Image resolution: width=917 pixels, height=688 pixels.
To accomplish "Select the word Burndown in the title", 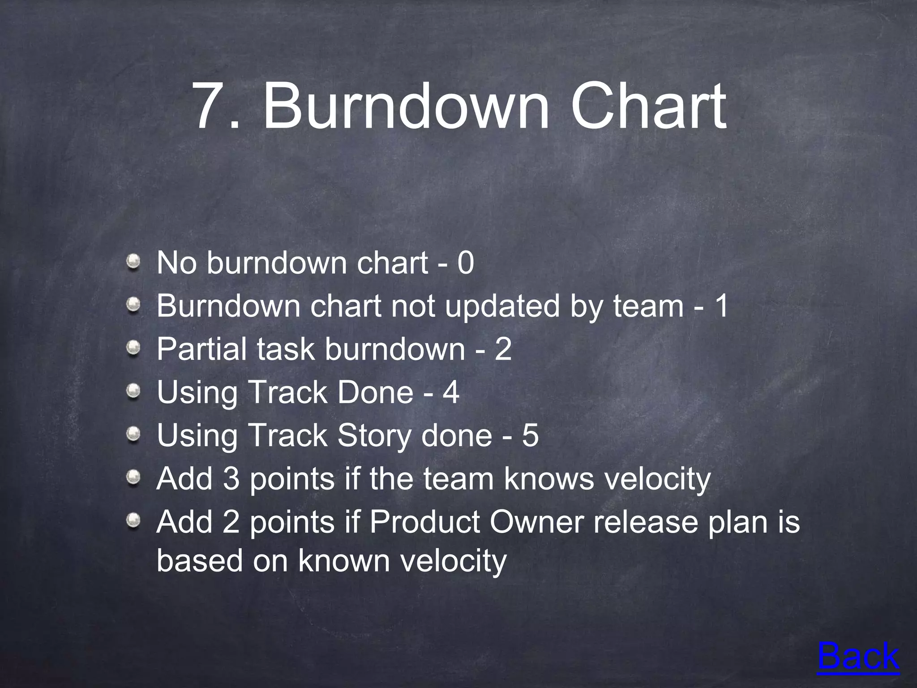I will point(406,107).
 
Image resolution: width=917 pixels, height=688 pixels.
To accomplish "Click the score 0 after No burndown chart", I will point(465,263).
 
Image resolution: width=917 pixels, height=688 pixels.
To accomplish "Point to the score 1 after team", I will point(721,306).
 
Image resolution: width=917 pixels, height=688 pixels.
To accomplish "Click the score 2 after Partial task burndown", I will point(503,349).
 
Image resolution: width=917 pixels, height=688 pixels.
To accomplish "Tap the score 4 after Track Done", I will point(451,393).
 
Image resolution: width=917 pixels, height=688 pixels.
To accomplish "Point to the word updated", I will point(502,307).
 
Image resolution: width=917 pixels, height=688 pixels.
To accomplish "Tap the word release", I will point(645,522).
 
